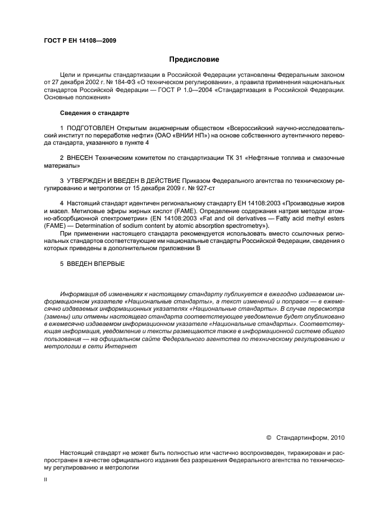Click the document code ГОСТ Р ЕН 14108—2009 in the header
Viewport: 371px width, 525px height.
[x=80, y=40]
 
